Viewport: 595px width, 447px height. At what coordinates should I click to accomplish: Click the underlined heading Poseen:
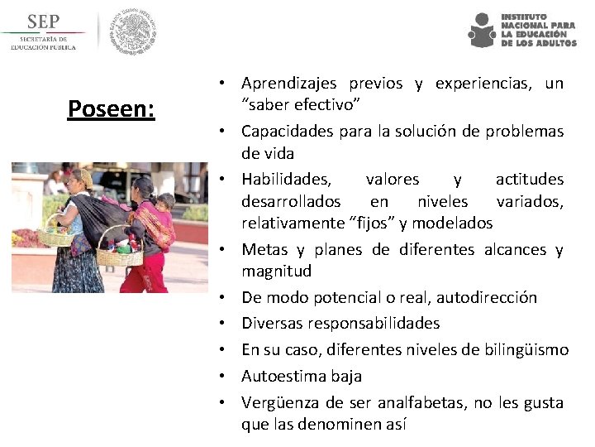[111, 108]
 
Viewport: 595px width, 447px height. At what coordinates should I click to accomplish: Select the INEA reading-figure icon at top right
[481, 31]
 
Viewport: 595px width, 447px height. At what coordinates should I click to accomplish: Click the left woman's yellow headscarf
[83, 177]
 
